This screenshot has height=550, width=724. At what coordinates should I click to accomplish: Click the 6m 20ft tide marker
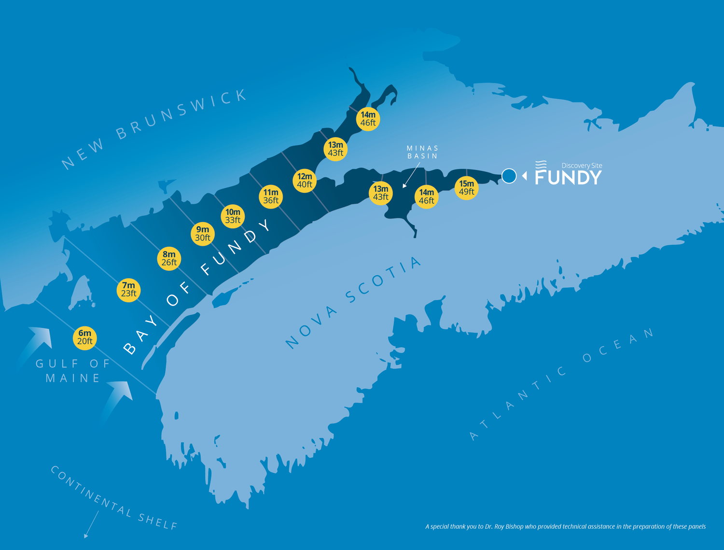click(x=84, y=337)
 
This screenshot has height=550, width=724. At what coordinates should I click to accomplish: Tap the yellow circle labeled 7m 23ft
click(x=128, y=290)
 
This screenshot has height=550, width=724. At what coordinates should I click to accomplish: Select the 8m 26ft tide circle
click(x=169, y=258)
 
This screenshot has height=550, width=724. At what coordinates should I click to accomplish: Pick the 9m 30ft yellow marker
click(x=203, y=234)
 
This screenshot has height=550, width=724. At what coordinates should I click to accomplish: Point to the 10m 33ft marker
click(x=233, y=216)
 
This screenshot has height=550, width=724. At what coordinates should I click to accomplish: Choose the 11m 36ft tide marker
click(x=271, y=197)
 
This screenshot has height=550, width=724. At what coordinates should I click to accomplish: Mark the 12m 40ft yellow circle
click(x=305, y=181)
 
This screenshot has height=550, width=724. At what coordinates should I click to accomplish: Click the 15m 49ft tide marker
click(x=466, y=188)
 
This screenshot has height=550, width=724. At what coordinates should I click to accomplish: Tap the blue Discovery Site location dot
click(x=509, y=176)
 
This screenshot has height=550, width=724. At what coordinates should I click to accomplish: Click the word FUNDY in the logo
click(x=568, y=177)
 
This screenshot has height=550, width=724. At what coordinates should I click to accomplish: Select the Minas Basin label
click(x=422, y=152)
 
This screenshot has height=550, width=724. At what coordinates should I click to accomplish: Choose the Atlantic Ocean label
click(x=562, y=384)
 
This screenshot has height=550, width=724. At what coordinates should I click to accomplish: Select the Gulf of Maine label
click(x=73, y=370)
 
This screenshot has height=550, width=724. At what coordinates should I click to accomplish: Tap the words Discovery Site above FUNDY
click(x=582, y=166)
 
